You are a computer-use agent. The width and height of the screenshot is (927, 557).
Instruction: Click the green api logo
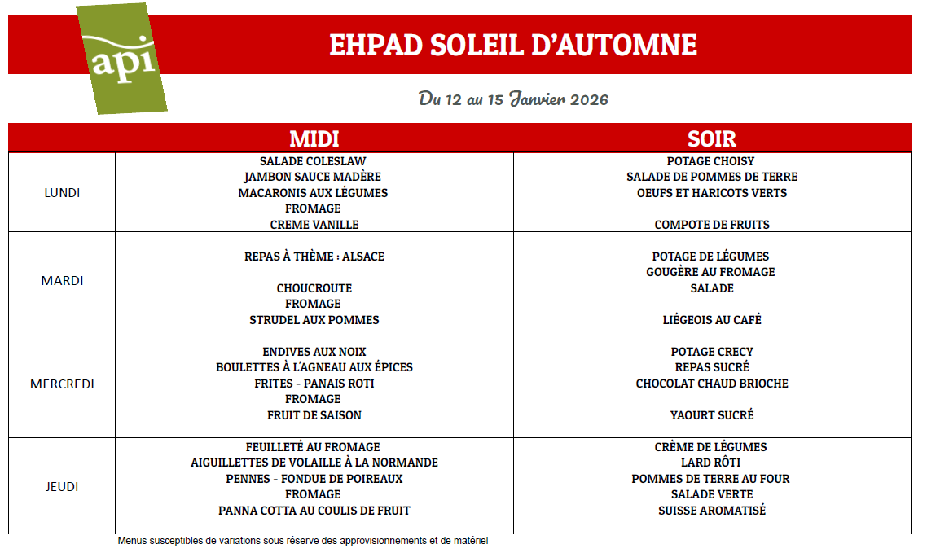[123, 59]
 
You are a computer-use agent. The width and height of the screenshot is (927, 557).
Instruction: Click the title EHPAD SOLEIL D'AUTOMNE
[512, 45]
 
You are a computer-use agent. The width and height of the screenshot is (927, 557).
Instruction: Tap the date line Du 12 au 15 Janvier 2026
[513, 99]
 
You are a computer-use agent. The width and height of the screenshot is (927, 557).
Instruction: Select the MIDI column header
[314, 138]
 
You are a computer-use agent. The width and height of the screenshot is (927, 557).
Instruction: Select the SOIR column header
[711, 138]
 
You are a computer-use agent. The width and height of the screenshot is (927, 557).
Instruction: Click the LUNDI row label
[62, 193]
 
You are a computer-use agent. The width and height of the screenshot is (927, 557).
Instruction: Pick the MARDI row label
[62, 281]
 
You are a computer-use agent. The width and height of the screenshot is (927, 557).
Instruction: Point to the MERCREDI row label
[62, 384]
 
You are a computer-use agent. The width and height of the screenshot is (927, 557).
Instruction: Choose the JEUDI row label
[62, 487]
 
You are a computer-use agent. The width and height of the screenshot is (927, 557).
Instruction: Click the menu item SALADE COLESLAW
[313, 161]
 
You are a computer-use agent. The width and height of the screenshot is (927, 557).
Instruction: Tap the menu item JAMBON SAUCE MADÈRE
[313, 177]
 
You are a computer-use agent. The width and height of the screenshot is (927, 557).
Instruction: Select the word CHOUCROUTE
[314, 288]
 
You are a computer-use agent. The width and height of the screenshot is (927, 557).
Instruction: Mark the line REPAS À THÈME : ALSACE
[314, 257]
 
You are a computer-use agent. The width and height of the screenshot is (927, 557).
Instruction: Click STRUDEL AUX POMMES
[314, 320]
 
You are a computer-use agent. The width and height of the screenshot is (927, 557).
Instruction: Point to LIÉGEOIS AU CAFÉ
[712, 320]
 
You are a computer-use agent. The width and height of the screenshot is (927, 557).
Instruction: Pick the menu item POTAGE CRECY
[712, 352]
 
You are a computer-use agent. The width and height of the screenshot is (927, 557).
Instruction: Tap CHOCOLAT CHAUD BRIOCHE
[712, 384]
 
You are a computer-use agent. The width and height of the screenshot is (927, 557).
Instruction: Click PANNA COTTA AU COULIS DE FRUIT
[314, 511]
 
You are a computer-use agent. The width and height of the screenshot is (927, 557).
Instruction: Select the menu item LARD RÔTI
[712, 463]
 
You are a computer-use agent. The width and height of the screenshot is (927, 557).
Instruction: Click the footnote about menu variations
[302, 541]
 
